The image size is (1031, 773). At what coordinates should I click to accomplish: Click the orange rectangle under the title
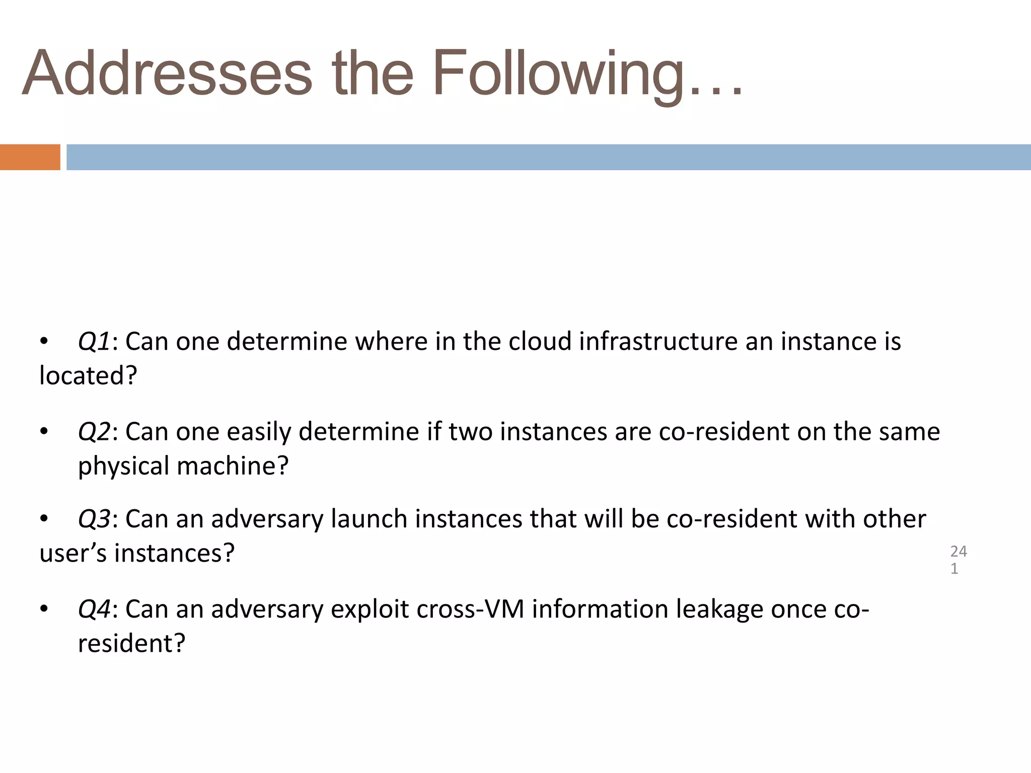[30, 157]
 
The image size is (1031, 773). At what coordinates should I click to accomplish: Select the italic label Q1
[94, 342]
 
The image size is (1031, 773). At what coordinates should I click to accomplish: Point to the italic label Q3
[94, 519]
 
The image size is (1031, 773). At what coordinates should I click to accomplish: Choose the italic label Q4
[94, 609]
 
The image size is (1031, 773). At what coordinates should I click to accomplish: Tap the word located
[88, 376]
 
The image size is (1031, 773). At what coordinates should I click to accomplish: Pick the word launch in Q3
[369, 519]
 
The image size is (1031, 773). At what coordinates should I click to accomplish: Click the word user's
[72, 554]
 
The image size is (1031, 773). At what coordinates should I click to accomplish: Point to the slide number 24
[959, 552]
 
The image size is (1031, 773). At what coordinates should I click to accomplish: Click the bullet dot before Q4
[44, 609]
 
